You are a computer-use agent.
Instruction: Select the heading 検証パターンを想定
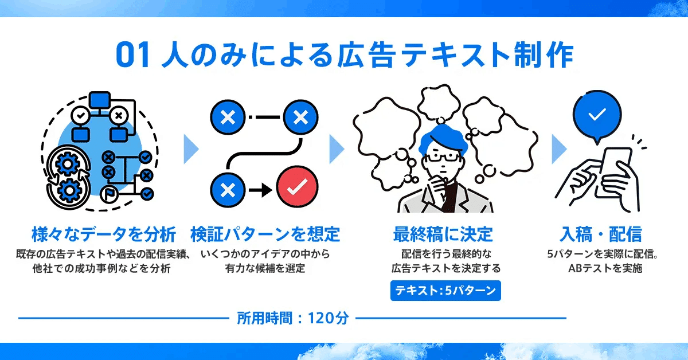coord(265,234)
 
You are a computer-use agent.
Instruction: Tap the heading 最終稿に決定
coord(443,234)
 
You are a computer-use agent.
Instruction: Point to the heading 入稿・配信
coord(600,234)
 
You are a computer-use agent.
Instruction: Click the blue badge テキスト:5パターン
coord(445,290)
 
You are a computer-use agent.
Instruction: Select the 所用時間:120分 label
coord(292,318)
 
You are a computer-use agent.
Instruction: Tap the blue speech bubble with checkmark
coord(597,115)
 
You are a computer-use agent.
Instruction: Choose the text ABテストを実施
coord(600,268)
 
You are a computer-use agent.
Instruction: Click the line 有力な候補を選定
coord(265,268)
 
